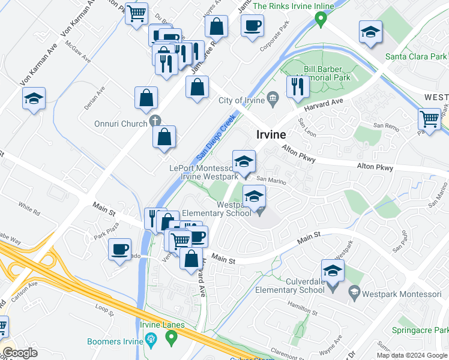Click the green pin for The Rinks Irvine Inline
click(321, 20)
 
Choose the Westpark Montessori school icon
click(355, 293)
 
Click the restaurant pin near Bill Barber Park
click(297, 86)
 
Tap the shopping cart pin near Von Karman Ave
click(136, 12)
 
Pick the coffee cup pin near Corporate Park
click(252, 25)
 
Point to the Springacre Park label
click(421, 330)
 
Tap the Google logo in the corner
click(20, 353)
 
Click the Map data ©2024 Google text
click(412, 355)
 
